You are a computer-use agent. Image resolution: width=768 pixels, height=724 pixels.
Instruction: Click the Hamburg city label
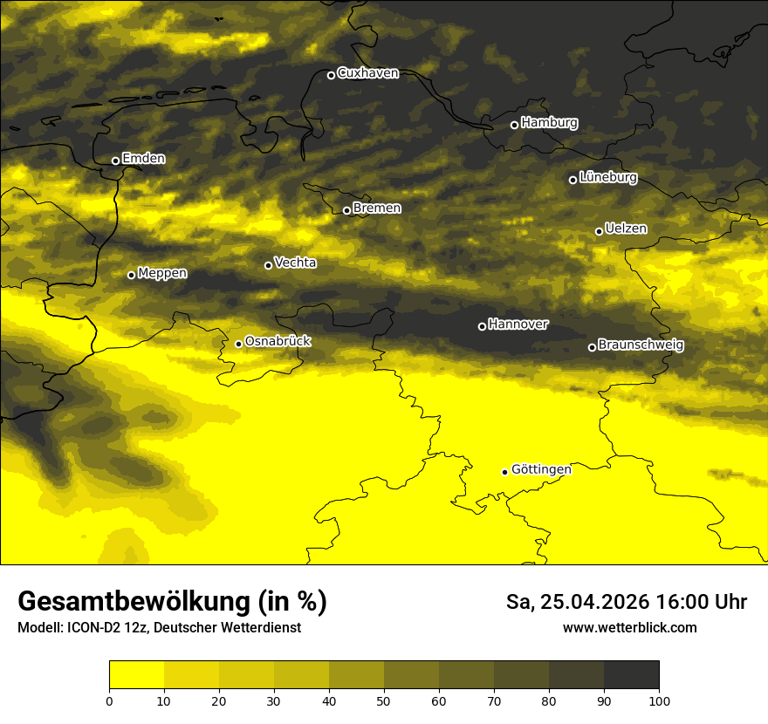point(549,123)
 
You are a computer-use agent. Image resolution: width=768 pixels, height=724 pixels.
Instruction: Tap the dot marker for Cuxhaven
point(331,75)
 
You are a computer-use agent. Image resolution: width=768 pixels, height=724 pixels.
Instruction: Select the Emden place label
point(143,159)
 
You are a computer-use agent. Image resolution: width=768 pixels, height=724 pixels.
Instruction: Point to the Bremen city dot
point(346,210)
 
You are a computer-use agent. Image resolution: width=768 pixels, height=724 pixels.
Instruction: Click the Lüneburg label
point(607,178)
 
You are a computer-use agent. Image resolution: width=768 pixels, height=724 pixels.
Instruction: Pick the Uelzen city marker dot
point(599,231)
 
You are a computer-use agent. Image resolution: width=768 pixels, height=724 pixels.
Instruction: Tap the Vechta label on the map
point(295,263)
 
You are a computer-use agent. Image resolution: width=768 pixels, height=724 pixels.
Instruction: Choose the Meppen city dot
point(131,275)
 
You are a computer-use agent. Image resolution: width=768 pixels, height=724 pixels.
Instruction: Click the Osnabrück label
point(278,341)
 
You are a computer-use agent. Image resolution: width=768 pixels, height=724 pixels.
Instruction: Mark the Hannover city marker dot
point(482,326)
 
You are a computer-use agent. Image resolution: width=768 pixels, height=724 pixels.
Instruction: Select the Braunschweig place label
point(641,345)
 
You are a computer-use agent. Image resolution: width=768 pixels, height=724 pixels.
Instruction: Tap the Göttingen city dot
point(504,472)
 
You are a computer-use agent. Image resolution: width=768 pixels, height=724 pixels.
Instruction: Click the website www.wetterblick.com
point(630,628)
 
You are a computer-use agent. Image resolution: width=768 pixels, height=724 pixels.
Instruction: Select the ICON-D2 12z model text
point(99,628)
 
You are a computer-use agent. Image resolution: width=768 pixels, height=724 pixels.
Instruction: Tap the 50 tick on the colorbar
point(384,700)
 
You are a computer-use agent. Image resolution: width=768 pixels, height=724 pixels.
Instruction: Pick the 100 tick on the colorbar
point(659,700)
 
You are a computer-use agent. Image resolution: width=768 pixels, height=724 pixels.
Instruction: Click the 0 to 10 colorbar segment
point(137,675)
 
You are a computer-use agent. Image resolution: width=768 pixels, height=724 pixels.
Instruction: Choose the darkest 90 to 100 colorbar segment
point(631,675)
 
